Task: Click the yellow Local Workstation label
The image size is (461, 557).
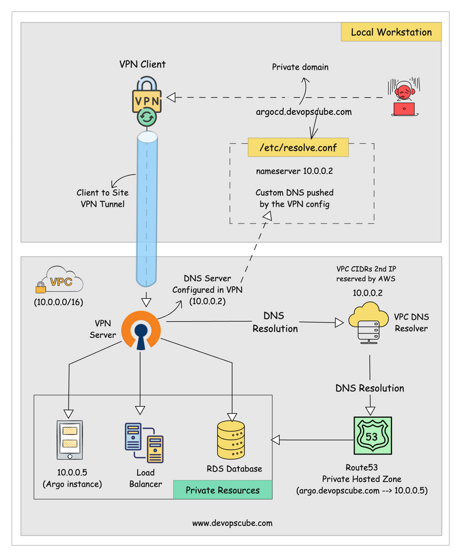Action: point(391,32)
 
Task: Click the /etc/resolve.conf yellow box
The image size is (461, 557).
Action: point(302,148)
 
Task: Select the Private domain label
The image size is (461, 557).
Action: point(300,67)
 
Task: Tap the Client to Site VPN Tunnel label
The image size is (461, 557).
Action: point(102,198)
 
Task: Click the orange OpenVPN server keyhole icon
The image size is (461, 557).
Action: point(140,331)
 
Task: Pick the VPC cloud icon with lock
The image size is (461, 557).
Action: point(58,282)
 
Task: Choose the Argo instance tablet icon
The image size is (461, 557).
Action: point(69,440)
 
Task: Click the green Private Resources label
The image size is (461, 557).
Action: point(222,490)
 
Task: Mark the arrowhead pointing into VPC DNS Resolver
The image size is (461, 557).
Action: point(339,322)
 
